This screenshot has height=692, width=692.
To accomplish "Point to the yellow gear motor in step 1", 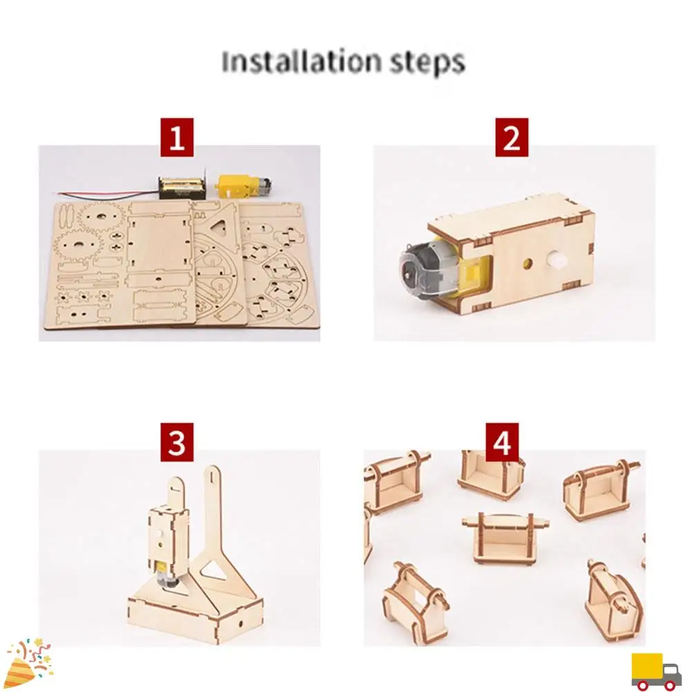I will click(x=239, y=185).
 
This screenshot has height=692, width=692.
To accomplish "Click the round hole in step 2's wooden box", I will click(x=527, y=264).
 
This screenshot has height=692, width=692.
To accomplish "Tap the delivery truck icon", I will click(x=656, y=671).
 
